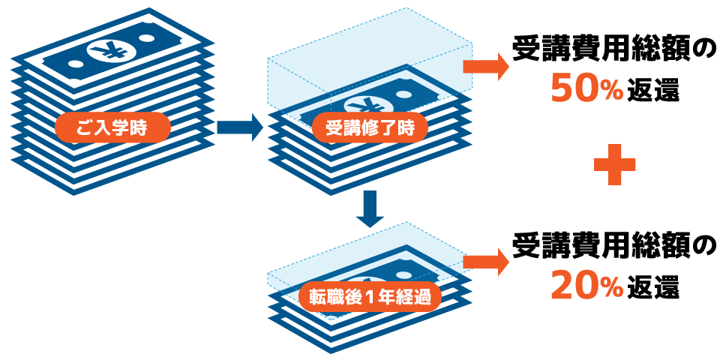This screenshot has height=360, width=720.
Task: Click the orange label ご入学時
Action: click(x=112, y=128)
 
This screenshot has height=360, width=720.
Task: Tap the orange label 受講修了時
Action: click(x=370, y=128)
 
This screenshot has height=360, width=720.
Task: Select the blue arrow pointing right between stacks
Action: click(x=239, y=127)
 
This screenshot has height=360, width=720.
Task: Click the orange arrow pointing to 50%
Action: click(x=486, y=66)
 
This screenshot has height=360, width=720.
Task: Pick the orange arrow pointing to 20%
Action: click(x=486, y=262)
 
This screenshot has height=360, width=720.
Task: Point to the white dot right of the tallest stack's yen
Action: click(x=147, y=38)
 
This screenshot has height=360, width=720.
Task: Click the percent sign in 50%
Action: click(x=612, y=91)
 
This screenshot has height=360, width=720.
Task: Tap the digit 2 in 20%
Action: click(x=562, y=286)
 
